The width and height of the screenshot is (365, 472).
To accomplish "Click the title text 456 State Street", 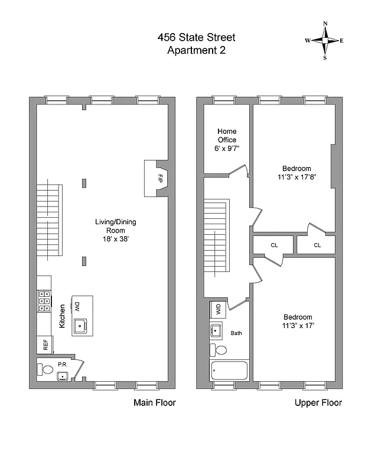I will point(196,37).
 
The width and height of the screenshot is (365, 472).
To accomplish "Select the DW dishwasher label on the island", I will point(78,306).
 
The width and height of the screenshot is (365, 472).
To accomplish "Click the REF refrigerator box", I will point(45,345).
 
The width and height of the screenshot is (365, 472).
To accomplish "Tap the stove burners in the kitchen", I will point(44,301).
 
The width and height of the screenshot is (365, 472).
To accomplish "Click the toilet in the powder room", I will point(46,370).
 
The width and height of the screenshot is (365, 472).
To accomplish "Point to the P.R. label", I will point(63,365).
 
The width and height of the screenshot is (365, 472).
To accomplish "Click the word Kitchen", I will point(61,316).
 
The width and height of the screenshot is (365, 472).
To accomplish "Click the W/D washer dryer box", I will point(218,310).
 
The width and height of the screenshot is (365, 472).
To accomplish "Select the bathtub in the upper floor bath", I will point(229,371).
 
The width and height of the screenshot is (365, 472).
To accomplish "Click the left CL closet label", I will point(274,245).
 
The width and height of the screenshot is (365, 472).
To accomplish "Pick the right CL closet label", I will point(317,245).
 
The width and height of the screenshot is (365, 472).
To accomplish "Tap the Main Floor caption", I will point(154,403).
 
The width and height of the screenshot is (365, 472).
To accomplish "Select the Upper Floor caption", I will point(318,403).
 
